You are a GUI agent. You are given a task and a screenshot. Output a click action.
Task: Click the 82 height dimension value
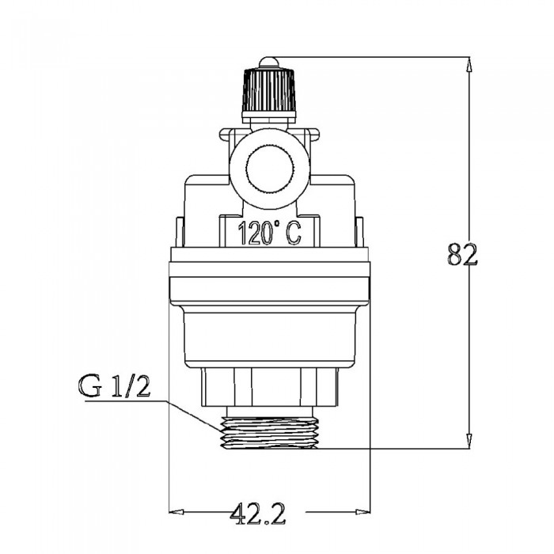point(461,254)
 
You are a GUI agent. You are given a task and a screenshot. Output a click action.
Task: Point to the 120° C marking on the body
point(270,233)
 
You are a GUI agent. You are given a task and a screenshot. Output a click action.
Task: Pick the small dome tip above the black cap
point(269,63)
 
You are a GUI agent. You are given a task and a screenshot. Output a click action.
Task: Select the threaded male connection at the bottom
point(269,432)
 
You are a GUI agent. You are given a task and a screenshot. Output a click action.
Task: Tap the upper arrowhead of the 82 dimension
point(469,66)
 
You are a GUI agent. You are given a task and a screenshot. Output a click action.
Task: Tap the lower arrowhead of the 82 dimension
point(469,442)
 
